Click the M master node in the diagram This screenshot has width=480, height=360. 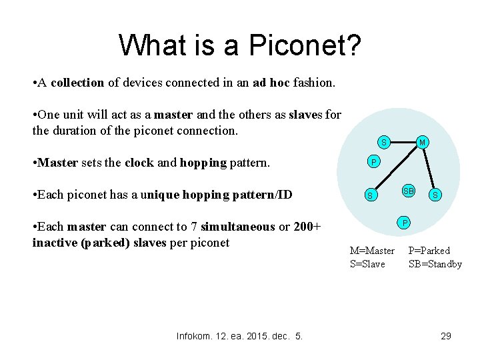tap(422, 142)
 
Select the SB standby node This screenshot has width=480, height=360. tap(408, 191)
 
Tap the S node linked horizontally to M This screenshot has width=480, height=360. tap(383, 142)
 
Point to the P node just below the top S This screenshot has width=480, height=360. tap(374, 162)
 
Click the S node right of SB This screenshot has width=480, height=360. tap(435, 195)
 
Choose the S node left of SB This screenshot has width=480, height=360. tap(369, 195)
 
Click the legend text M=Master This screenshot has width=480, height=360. tap(372, 251)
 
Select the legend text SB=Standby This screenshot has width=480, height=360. tap(435, 264)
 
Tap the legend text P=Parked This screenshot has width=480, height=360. tap(429, 251)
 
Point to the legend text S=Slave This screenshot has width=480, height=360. tap(367, 264)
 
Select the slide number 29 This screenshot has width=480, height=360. tap(446, 336)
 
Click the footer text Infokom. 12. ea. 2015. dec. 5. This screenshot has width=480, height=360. tap(239, 336)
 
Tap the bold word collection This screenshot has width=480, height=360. tap(77, 83)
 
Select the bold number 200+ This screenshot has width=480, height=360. tap(307, 227)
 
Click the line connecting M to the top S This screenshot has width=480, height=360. tap(403, 142)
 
